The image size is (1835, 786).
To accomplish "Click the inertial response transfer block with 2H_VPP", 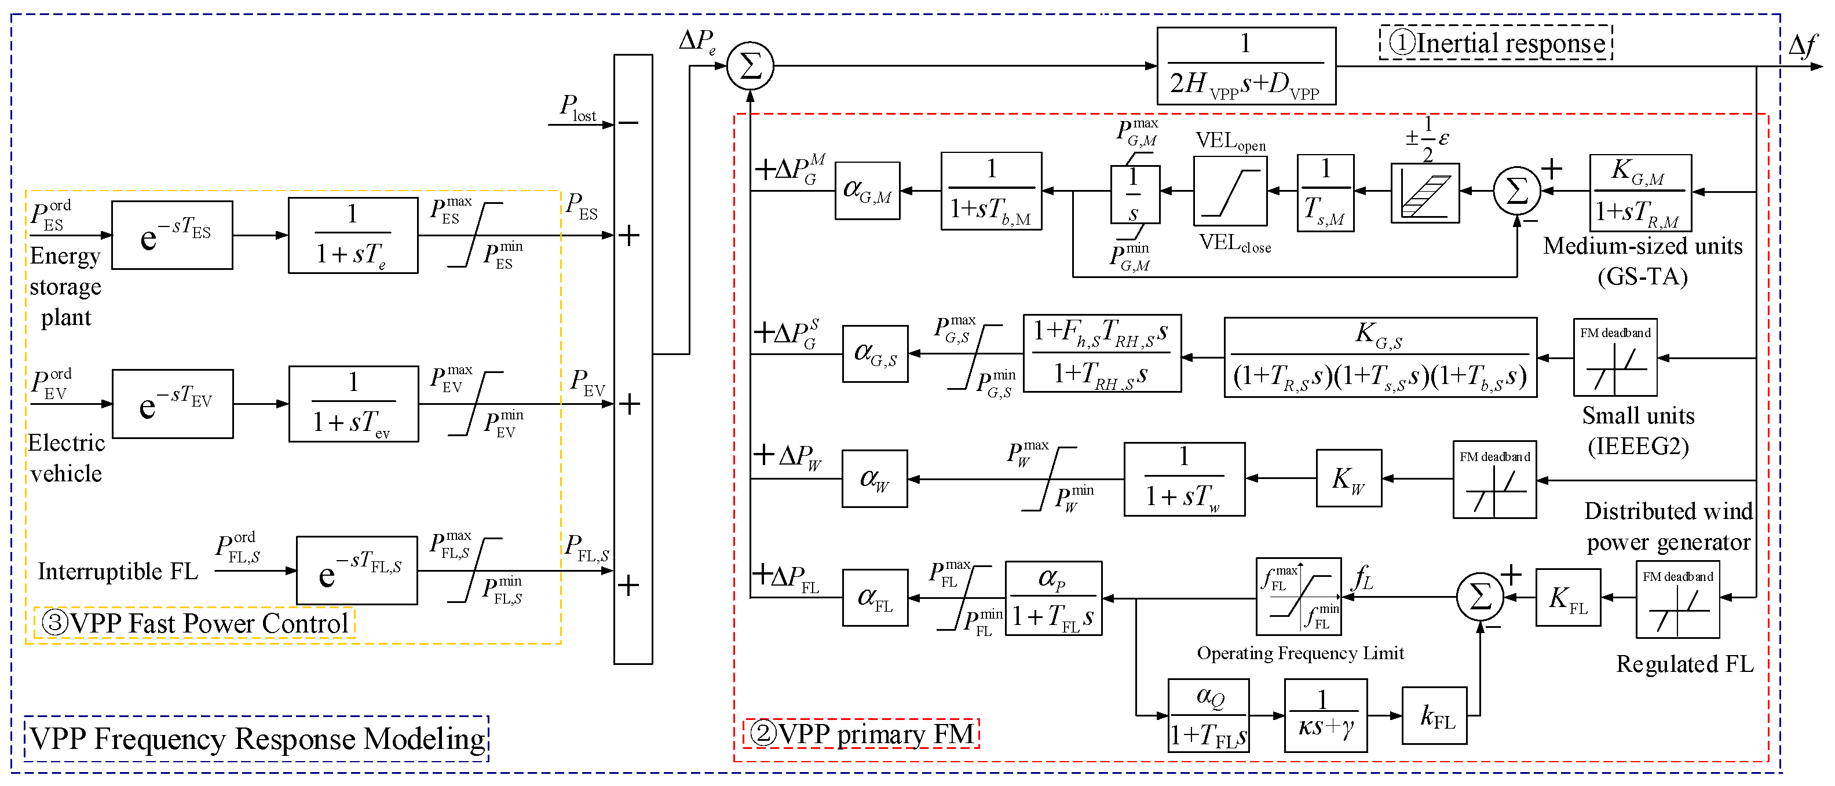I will (1245, 66).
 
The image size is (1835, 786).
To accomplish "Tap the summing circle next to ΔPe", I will (750, 66).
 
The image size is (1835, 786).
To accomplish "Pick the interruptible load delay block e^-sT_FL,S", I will (356, 571).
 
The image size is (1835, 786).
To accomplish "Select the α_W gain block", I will (874, 479).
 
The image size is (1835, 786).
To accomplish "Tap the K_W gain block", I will (1348, 478).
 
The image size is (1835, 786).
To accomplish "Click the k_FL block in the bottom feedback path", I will (1434, 715).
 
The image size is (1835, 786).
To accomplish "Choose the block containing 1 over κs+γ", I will (1325, 715).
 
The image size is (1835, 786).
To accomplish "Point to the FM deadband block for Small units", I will (1614, 358).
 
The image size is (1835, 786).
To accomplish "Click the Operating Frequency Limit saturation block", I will (1298, 597).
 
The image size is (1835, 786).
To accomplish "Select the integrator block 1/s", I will (1135, 195).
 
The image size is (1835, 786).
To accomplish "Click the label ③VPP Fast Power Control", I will (195, 623).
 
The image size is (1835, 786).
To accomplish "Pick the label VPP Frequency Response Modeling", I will (257, 739).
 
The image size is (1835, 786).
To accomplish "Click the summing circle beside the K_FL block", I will (1479, 597).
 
